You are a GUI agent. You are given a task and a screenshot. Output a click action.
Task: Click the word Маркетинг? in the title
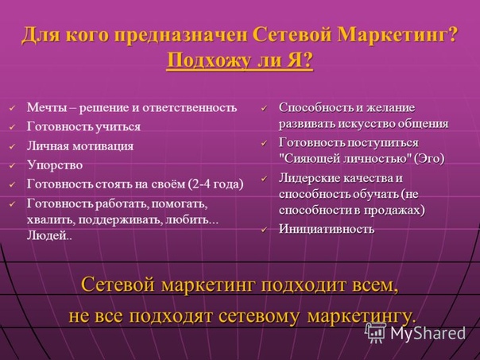(397, 35)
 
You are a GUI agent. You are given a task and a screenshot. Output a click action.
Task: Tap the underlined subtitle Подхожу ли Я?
(240, 60)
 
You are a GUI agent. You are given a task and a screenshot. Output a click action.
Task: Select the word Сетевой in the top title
(292, 34)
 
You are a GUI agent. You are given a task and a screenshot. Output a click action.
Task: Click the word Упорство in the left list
(55, 165)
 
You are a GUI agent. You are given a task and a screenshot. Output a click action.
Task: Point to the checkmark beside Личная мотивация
(12, 147)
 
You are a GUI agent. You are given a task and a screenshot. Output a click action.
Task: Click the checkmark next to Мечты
(12, 108)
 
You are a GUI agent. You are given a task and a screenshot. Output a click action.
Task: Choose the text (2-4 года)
(216, 184)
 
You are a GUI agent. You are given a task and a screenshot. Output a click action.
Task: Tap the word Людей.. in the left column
(49, 235)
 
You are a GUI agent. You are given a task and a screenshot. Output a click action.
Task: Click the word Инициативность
(327, 229)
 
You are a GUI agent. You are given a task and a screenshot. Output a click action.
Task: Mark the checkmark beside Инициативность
(264, 230)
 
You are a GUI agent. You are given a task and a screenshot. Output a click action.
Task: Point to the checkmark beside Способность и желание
(264, 108)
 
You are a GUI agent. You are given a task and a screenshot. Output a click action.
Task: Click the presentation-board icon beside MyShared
(376, 332)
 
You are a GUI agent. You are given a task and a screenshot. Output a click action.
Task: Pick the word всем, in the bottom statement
(376, 285)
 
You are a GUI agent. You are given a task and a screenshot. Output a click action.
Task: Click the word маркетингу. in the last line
(362, 317)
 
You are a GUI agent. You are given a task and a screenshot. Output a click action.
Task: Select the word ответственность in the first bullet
(190, 108)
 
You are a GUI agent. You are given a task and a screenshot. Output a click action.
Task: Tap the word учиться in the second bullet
(118, 127)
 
